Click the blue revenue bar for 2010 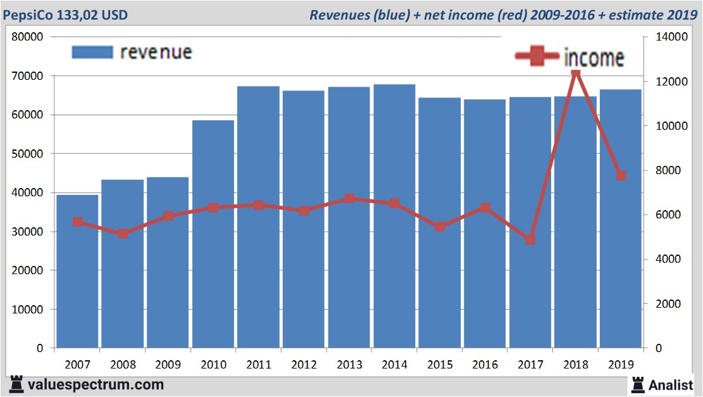(x=213, y=234)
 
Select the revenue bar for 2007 (x=77, y=272)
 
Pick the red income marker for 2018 (x=575, y=73)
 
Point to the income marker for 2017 (x=530, y=240)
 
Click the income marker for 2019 (x=621, y=175)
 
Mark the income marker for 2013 (x=349, y=199)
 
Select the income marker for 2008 (x=123, y=233)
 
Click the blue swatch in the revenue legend (x=92, y=52)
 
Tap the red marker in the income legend (x=537, y=57)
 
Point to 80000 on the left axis (x=27, y=37)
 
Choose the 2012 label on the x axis (x=304, y=365)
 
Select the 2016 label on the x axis (x=485, y=365)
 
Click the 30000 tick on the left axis (x=27, y=232)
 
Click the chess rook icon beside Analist (x=637, y=384)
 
